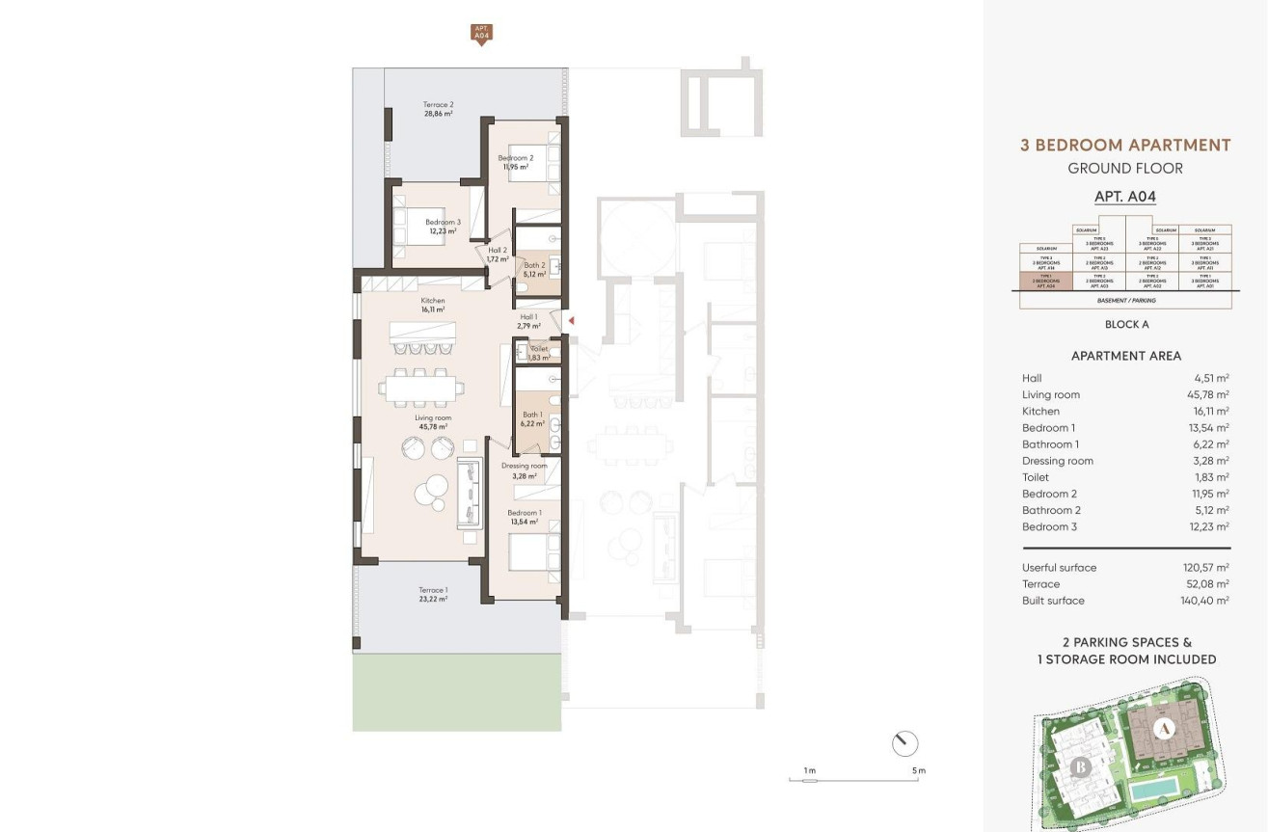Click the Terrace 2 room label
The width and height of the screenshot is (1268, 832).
tap(438, 104)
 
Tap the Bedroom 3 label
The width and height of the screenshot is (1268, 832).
tap(443, 222)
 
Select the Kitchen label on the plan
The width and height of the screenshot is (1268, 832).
tap(433, 301)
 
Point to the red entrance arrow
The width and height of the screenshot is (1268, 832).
tap(571, 321)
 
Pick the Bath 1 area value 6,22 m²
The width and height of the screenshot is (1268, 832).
tap(532, 422)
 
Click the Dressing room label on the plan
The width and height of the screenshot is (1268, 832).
tap(525, 466)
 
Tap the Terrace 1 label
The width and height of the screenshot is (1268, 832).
tap(433, 590)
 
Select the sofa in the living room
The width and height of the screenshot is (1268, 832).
tap(470, 493)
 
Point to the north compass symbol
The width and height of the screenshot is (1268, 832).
tap(904, 743)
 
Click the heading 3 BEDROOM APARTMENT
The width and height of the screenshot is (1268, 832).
tap(1125, 146)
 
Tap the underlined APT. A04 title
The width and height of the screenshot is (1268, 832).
tap(1124, 197)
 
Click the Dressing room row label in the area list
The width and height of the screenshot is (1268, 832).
tap(1058, 461)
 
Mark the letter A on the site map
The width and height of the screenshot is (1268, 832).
tap(1164, 729)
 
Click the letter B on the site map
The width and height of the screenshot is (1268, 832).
tap(1080, 767)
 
